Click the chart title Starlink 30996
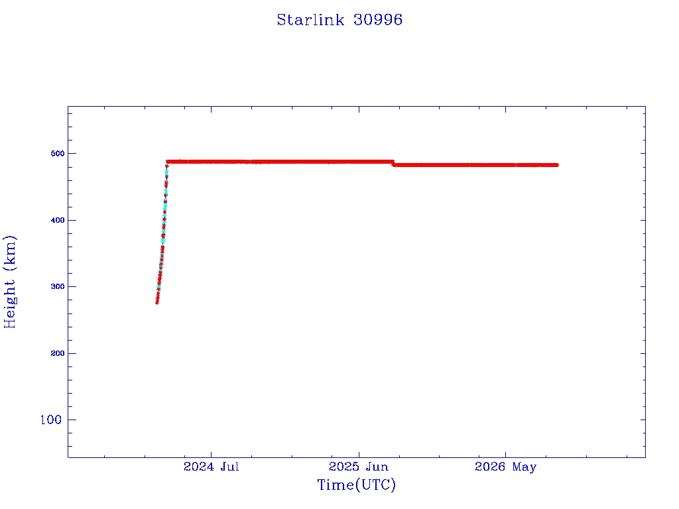coord(339,20)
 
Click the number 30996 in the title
coord(378,20)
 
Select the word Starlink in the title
coord(310,20)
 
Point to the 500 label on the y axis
coord(58,154)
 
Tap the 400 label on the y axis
coord(58,220)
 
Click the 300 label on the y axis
coord(58,286)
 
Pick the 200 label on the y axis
coord(58,353)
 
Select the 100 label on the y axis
coord(51,420)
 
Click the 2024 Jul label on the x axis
coord(212,467)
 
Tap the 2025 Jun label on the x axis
coord(359,467)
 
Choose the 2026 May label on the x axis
coord(505,467)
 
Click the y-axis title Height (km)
coord(9,282)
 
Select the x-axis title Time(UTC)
coord(357,485)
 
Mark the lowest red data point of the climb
coord(156,302)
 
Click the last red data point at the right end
coord(556,165)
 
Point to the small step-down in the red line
coord(393,164)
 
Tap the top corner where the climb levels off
coord(167,162)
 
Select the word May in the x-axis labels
coord(525,467)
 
